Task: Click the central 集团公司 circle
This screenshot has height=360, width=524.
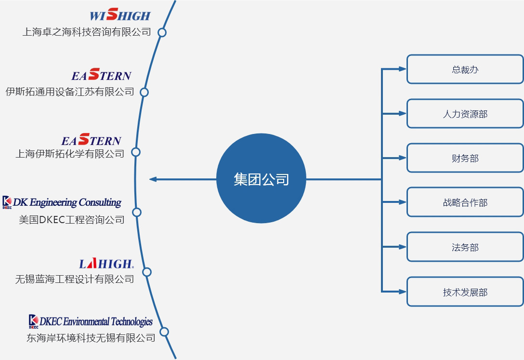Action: (261, 179)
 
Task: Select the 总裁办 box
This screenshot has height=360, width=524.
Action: (465, 69)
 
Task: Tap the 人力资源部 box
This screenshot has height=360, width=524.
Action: (465, 114)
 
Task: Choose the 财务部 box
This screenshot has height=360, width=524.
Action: (465, 158)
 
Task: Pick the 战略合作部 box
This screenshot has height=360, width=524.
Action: (465, 202)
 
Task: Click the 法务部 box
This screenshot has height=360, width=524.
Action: (465, 247)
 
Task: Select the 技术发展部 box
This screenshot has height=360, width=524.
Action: (465, 292)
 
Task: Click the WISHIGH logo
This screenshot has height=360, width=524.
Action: (120, 15)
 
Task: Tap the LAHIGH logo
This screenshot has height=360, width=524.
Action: (106, 263)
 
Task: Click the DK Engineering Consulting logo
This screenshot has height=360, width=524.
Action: (62, 202)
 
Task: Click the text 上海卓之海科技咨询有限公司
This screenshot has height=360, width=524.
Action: (87, 32)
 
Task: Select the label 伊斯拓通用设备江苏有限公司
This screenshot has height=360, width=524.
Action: (70, 92)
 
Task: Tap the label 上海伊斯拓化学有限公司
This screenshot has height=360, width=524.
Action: (70, 154)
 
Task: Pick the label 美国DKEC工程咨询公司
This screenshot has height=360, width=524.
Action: (72, 220)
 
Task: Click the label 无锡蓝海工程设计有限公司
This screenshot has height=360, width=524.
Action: (75, 279)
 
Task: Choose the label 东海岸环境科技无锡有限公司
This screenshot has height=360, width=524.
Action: (91, 338)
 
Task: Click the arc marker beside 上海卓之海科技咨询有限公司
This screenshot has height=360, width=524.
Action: (162, 32)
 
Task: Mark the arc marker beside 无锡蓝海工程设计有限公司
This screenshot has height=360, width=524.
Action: (147, 272)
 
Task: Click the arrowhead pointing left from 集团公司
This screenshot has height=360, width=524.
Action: (153, 179)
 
